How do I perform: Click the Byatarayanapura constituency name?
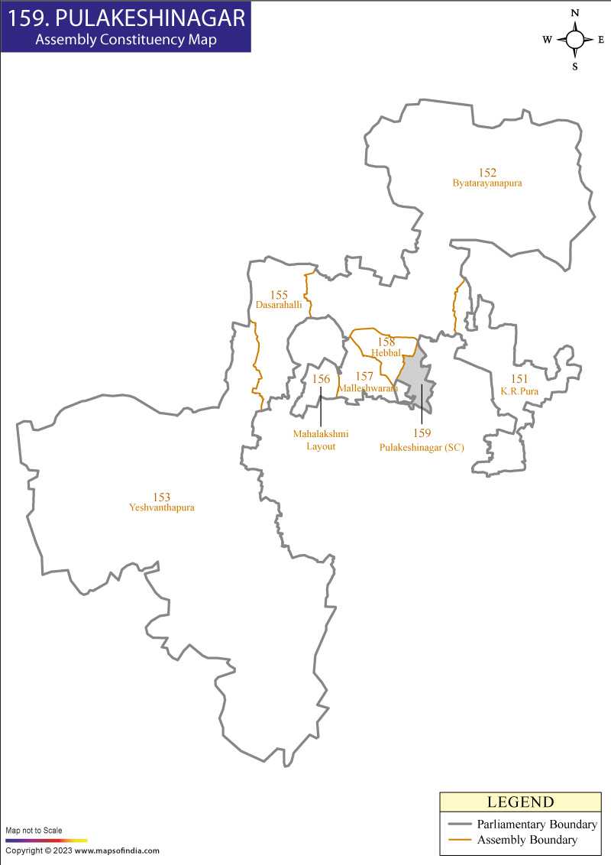click(x=487, y=184)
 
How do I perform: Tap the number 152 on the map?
click(x=487, y=173)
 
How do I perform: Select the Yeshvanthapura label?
click(x=162, y=507)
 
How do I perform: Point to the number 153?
click(x=161, y=497)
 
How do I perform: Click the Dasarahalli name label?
click(x=279, y=304)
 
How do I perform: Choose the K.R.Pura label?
click(x=519, y=390)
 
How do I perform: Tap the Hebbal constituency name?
click(x=386, y=352)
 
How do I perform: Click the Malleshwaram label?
click(x=368, y=388)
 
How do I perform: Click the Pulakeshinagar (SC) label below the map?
click(x=422, y=447)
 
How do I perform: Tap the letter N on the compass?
click(x=575, y=13)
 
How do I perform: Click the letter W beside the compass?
click(x=548, y=40)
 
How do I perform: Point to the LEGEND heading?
click(x=520, y=802)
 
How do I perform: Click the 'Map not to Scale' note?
click(x=34, y=830)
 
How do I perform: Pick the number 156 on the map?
click(x=321, y=379)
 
